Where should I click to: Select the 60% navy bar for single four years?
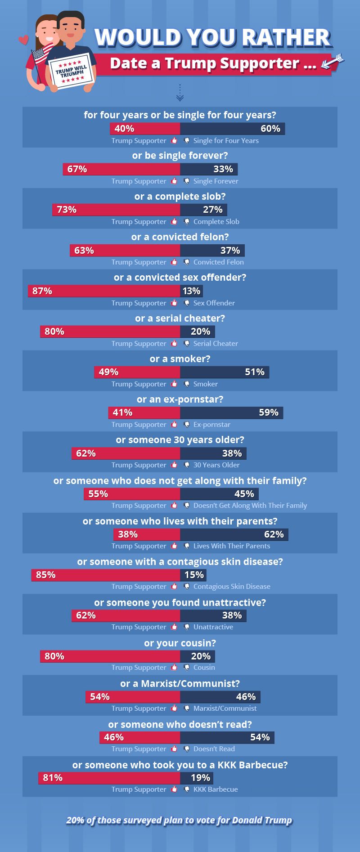232,129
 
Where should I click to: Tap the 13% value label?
192,291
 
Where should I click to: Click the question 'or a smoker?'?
180,359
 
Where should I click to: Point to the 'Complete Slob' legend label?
216,222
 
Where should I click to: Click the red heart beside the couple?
23,40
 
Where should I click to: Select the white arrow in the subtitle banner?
332,62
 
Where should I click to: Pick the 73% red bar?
116,210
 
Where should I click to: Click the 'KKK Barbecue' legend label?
216,789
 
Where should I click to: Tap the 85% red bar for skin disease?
106,575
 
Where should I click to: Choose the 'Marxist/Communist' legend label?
225,708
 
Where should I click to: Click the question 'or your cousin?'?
180,643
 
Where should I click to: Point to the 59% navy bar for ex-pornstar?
231,413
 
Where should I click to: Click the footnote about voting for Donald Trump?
179,820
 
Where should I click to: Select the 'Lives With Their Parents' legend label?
232,546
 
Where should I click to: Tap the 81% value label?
53,778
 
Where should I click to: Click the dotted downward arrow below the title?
180,92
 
